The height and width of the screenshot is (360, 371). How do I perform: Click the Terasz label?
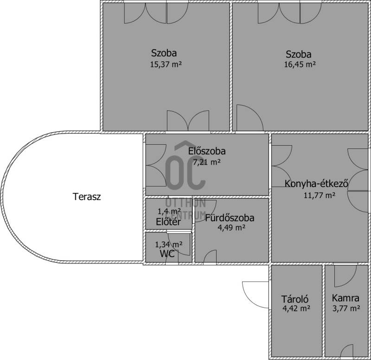(87, 197)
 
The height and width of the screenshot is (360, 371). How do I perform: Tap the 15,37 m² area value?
(166, 64)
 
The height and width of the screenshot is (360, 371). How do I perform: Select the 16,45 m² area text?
(300, 64)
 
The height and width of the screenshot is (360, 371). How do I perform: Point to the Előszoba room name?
(207, 151)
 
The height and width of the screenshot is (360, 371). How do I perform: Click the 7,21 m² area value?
(207, 162)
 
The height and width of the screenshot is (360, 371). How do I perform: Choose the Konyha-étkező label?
(316, 184)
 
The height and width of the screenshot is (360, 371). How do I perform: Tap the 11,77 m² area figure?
(319, 195)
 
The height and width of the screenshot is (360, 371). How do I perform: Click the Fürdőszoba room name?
(230, 218)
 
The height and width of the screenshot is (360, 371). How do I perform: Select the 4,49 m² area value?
(231, 228)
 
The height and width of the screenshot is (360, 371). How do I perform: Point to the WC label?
(167, 254)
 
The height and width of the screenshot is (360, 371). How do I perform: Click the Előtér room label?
(168, 222)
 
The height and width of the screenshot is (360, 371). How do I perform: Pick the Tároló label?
(295, 299)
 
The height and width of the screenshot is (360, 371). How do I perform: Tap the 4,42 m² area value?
(296, 308)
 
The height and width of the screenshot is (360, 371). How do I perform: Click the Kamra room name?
(345, 298)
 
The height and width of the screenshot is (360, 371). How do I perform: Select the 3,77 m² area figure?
(346, 308)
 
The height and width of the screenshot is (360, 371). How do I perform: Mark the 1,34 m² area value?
(168, 244)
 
